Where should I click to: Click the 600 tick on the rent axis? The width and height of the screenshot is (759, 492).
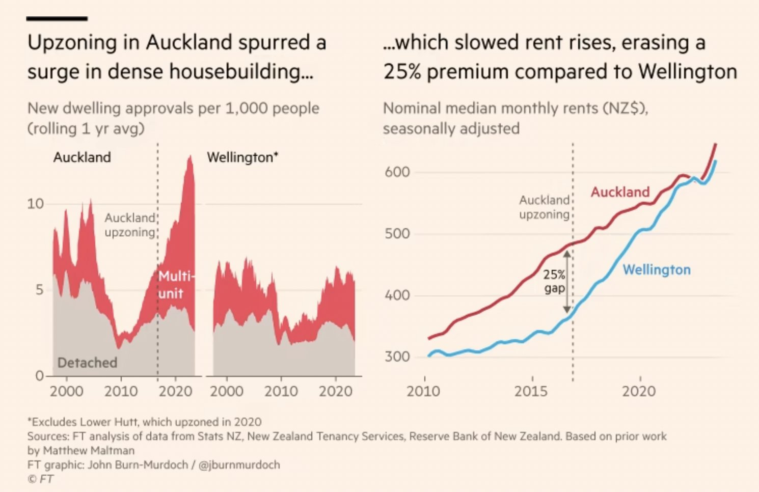397,172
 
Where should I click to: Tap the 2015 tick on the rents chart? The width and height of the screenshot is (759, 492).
531,391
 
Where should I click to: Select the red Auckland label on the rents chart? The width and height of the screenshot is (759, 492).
620,192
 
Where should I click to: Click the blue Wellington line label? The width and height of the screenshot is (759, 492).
657,269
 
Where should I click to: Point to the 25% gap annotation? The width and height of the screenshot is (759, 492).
554,282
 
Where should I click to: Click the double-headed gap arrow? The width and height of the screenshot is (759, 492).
567,282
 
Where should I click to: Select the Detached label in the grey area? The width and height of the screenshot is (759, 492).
87,363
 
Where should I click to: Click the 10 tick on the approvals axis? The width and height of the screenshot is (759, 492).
35,204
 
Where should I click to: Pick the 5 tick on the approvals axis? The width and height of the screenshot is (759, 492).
39,290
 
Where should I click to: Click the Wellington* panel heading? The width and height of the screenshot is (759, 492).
242,157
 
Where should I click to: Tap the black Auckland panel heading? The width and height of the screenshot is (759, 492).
82,157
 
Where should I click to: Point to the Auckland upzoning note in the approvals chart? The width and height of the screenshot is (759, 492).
130,225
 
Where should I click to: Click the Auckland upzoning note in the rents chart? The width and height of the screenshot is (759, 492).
544,207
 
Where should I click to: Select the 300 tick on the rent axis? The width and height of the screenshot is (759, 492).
397,357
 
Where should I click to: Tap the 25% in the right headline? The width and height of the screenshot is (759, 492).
402,72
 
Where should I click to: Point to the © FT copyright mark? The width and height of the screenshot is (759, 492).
40,479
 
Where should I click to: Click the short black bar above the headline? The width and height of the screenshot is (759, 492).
57,19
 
